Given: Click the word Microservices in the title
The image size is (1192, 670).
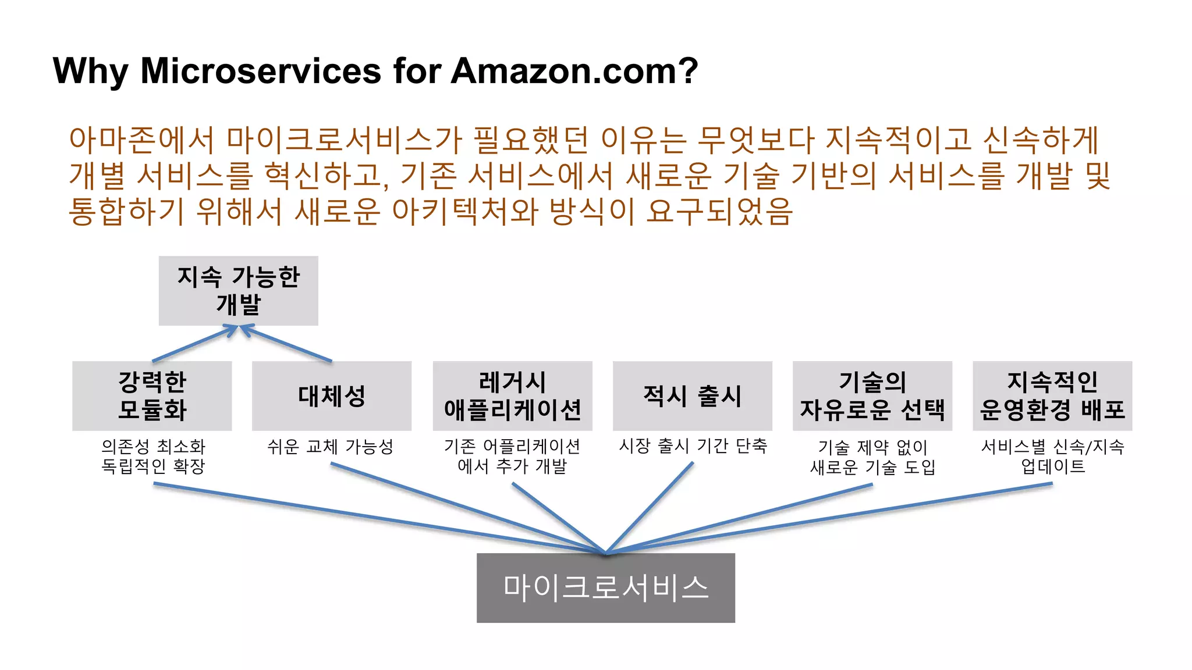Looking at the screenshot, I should point(261,71).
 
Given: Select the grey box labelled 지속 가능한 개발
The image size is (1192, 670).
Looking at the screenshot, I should point(238,290).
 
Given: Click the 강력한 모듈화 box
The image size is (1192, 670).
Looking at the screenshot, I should point(152,395).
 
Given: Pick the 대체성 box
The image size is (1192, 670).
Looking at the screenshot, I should point(331,395).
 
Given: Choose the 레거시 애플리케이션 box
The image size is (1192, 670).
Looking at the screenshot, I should point(512,395).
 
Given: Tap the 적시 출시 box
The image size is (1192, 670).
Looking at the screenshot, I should point(692,395).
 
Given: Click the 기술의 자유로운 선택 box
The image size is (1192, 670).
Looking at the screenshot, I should point(872,395).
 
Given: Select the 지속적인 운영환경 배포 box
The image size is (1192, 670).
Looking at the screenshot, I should point(1052,395).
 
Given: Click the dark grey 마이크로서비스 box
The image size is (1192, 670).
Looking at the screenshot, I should point(605,587).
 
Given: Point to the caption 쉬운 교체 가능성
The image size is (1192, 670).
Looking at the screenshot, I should point(330,447).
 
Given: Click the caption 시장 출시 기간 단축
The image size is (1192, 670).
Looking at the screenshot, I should point(693,446).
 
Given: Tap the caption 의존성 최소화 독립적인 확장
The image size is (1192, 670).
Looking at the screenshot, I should point(153,456).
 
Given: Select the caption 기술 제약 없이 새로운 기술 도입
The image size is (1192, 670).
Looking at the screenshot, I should point(872,457).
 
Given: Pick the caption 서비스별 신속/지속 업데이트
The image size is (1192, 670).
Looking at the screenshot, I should point(1052,456).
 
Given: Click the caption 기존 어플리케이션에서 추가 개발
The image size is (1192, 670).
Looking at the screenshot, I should point(512,456).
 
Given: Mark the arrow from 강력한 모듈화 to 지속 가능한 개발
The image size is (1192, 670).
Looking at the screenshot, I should point(195,344).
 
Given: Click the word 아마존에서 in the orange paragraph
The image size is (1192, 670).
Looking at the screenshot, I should point(142,140).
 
